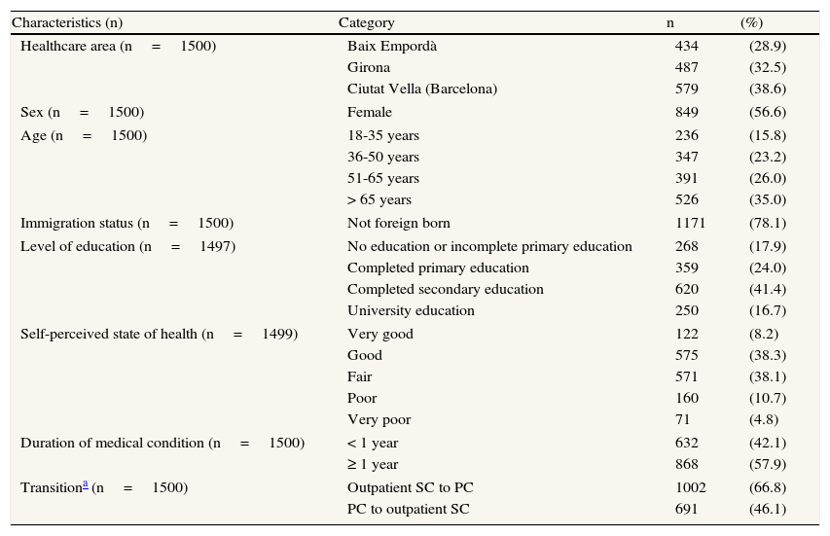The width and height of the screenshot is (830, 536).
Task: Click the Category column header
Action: (366, 22)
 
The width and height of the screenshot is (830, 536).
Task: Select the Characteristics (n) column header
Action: (67, 22)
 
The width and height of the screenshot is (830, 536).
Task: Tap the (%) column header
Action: (751, 22)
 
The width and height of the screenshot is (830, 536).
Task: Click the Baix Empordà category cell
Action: (392, 46)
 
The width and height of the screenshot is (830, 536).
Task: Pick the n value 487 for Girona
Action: (687, 67)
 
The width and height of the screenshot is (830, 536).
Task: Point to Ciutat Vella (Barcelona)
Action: (422, 89)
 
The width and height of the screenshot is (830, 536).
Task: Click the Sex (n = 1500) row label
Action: (82, 112)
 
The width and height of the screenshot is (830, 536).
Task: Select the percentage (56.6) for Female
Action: (768, 112)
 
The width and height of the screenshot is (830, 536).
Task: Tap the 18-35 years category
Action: (383, 135)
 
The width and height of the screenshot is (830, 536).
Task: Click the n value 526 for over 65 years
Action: (687, 199)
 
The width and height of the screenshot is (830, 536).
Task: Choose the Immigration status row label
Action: (126, 223)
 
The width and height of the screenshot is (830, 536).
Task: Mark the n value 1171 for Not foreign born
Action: (690, 223)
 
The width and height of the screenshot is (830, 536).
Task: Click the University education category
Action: (411, 310)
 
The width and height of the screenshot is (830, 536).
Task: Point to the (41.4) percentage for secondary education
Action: (768, 289)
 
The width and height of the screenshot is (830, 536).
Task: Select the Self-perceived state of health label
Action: (159, 334)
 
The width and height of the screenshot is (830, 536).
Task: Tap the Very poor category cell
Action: (379, 419)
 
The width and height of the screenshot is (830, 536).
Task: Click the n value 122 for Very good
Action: (687, 334)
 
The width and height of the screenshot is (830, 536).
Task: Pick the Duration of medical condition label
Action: (162, 443)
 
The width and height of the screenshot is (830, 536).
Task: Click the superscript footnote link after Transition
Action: (85, 483)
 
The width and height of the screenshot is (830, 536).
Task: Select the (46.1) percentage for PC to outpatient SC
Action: (768, 509)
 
